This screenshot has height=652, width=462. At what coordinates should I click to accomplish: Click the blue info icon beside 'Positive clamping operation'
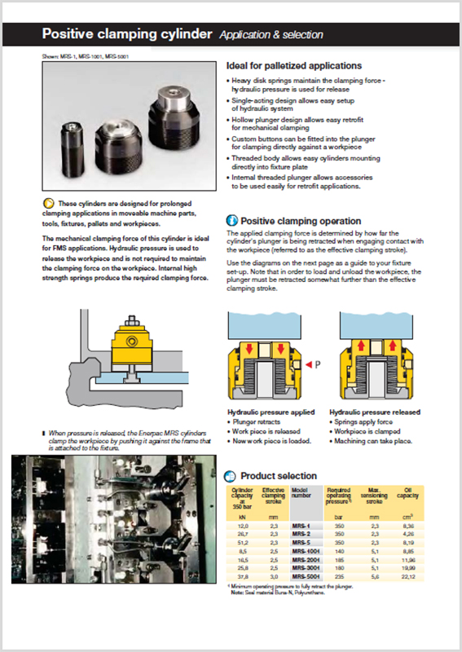[231, 221]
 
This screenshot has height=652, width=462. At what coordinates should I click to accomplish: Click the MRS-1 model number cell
[301, 527]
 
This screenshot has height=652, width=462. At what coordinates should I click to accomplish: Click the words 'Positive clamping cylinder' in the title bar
[126, 34]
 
